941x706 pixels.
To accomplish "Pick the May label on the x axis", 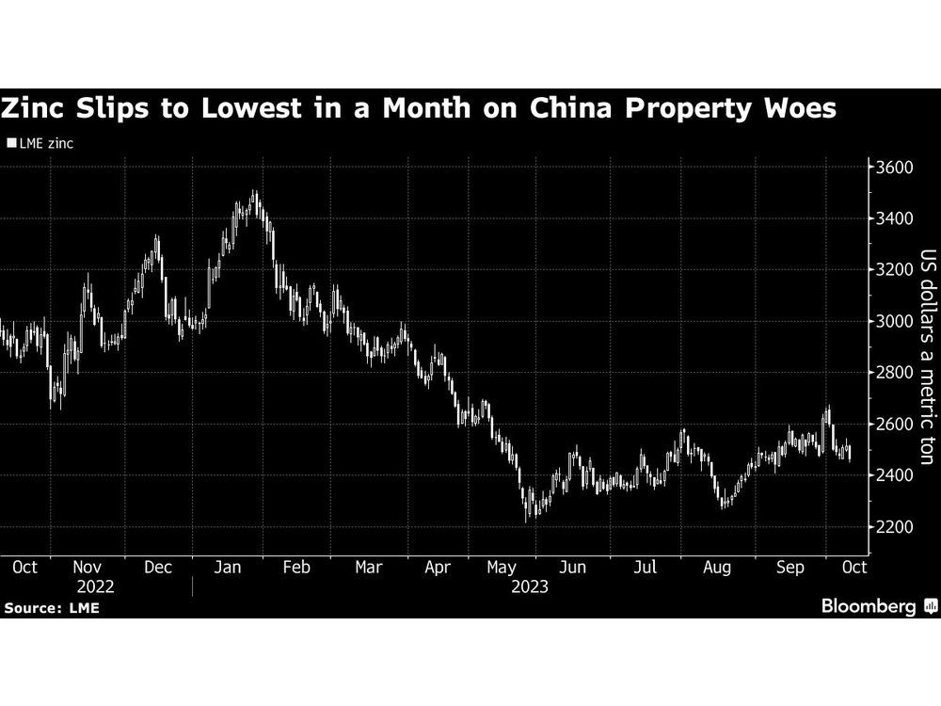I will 502,568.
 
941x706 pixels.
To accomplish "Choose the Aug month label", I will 718,568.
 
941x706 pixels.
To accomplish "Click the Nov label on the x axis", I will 88,568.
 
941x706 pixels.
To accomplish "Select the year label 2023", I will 529,586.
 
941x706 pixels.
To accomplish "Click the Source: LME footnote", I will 52,608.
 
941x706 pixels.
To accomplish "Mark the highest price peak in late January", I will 254,193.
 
